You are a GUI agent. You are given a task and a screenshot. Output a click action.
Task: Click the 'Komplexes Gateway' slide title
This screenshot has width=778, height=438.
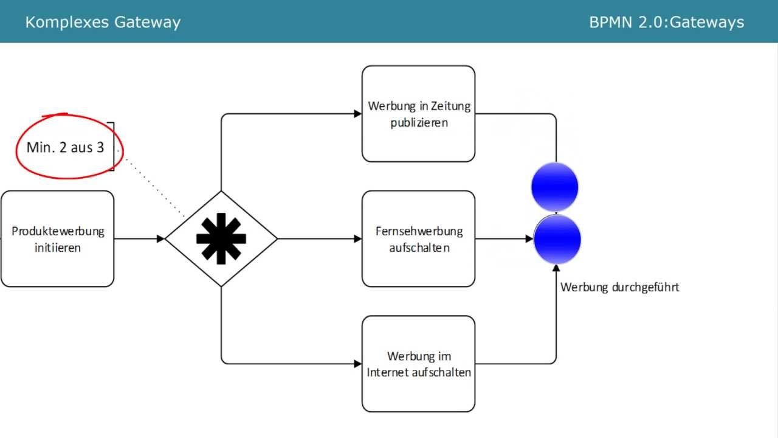103,23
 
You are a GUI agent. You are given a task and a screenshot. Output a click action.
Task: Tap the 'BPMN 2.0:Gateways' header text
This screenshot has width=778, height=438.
666,23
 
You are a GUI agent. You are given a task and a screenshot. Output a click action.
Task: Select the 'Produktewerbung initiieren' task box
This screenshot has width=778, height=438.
57,238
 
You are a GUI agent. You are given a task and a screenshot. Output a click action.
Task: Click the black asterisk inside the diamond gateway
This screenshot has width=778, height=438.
221,238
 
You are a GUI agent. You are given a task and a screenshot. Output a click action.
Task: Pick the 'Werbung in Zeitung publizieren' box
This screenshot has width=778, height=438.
418,114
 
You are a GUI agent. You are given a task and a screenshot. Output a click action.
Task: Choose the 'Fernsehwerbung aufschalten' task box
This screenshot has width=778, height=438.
418,238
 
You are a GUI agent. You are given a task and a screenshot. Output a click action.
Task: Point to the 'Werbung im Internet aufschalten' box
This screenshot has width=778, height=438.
418,364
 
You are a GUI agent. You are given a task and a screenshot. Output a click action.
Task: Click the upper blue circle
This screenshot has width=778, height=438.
554,187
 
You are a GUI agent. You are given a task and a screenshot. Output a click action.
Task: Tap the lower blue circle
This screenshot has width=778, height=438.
557,239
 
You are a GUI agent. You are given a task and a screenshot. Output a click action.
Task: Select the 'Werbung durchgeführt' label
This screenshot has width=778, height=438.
619,287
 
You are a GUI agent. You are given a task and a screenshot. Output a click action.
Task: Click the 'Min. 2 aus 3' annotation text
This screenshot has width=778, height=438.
65,147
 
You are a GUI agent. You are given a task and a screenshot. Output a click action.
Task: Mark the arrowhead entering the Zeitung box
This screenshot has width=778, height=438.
358,114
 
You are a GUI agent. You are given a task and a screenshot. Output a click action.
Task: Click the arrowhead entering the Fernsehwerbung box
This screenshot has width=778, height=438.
358,238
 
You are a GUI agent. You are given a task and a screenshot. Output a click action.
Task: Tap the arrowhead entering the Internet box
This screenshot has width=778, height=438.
358,364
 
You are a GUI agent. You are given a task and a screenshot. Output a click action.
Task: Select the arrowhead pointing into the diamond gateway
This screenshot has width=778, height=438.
161,238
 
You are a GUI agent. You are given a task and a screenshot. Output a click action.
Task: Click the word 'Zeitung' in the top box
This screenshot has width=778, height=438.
450,106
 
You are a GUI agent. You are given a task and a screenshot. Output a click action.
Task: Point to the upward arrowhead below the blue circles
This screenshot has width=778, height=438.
556,269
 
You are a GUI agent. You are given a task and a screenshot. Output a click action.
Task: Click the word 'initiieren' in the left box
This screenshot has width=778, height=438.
57,248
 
